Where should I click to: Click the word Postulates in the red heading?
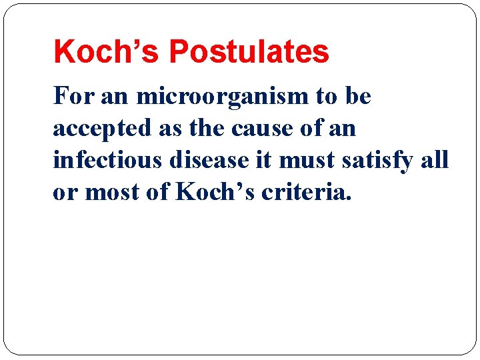[249, 52]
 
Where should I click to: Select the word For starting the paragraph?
[73, 97]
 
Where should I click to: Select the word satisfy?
[383, 161]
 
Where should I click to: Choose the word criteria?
[304, 193]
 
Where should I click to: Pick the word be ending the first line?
[358, 97]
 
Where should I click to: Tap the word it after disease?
[267, 161]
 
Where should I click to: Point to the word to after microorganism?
[327, 97]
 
